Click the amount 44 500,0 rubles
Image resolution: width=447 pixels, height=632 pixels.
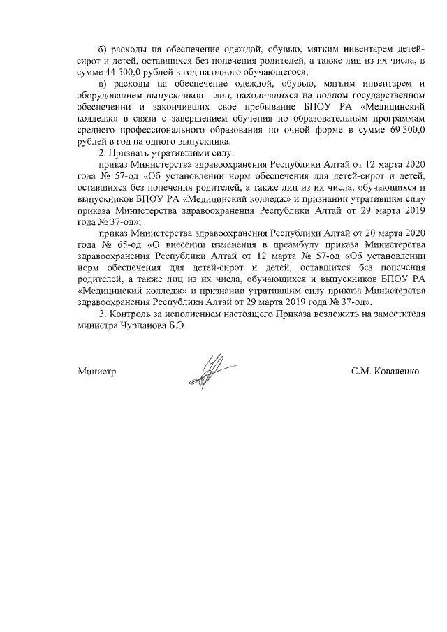(129, 72)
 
